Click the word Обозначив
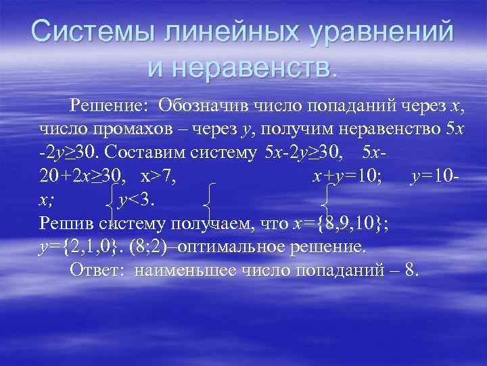click(202, 106)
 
